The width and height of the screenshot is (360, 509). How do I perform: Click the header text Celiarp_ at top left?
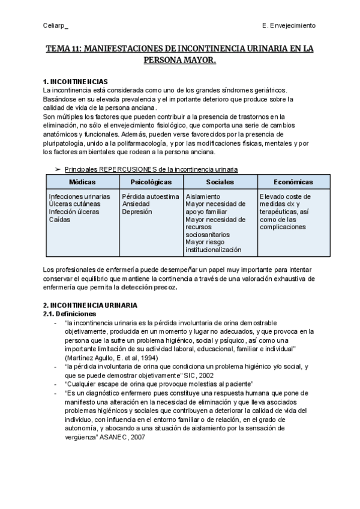56,25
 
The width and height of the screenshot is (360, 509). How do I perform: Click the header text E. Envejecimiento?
289,25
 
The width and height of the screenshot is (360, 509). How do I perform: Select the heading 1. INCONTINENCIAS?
76,81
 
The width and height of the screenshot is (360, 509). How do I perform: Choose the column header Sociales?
220,181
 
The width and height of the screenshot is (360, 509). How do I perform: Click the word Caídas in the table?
61,220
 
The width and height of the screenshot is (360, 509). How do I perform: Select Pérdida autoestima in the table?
150,196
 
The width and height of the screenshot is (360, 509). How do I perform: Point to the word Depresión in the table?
137,212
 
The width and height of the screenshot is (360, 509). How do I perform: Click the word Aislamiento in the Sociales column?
203,196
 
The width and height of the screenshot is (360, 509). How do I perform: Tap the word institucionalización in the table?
214,250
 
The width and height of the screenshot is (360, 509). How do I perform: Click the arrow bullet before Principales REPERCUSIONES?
58,169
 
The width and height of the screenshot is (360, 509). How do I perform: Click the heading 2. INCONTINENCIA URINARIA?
88,306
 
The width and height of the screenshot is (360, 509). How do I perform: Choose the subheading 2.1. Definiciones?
70,313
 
